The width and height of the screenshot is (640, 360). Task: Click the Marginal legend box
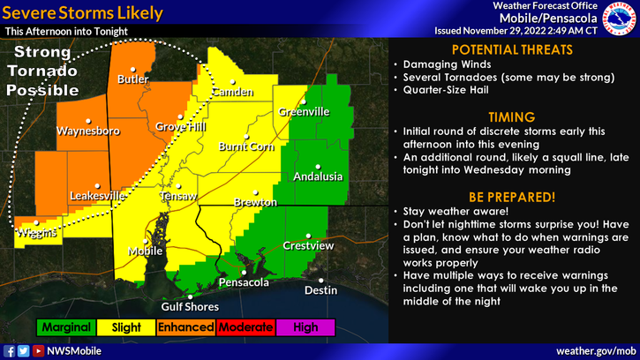(66, 327)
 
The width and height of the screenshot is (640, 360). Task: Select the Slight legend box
(126, 327)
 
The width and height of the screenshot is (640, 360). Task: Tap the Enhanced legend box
(186, 327)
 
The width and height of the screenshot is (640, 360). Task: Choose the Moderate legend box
(245, 327)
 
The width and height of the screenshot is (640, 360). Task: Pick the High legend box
(305, 327)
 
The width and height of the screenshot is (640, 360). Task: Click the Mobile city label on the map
(146, 251)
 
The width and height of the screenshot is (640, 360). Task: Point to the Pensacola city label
(243, 283)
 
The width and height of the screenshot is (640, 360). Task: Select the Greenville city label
(304, 112)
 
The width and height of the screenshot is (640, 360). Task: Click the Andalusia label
(318, 176)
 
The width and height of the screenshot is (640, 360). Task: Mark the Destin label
(320, 289)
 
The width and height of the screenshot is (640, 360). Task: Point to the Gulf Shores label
(190, 307)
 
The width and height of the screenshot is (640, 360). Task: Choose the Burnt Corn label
(246, 146)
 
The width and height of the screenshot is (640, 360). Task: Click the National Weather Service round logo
(620, 19)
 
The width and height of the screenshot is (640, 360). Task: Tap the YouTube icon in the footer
(38, 351)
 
